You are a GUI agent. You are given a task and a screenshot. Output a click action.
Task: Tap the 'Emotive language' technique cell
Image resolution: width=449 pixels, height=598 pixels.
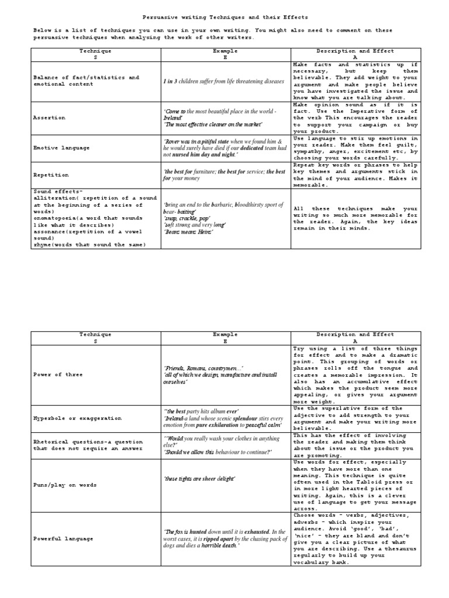coord(61,148)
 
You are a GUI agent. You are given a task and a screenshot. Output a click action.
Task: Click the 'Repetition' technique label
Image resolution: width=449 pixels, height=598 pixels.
coord(51,175)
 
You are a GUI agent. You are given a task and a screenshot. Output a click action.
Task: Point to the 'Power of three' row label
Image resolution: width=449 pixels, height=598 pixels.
coord(58,375)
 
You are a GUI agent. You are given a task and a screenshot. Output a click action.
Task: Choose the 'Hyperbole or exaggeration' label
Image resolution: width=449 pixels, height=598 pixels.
coord(77,419)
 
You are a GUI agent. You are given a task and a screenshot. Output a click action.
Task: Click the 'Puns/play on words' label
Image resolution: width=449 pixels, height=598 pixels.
coord(65,485)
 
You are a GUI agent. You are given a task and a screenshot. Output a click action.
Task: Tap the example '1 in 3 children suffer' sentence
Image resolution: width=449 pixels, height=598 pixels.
coord(224,81)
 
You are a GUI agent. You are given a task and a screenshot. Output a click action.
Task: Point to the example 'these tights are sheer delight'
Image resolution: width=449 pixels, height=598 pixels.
coord(200,479)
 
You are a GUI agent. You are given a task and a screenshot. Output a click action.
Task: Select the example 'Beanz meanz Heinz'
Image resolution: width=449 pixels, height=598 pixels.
coord(189,232)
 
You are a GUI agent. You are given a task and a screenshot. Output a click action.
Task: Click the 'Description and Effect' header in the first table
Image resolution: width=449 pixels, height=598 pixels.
coord(355,51)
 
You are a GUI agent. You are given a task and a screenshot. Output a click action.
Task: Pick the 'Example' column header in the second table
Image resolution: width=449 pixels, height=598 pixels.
coord(225,335)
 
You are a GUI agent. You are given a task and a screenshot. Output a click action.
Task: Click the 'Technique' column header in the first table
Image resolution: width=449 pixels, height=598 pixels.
coord(95,51)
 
